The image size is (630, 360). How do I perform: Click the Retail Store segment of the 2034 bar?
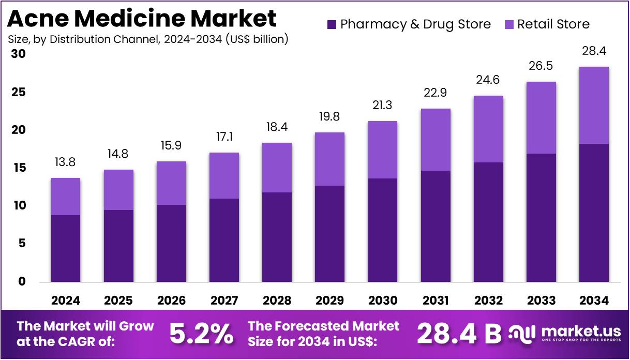coord(594,105)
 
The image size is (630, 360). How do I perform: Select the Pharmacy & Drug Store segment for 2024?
coord(65,248)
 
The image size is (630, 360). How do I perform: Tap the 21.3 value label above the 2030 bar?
coord(382,106)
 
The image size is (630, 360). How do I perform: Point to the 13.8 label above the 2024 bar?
coord(65,162)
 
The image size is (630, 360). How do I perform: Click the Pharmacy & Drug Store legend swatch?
coord(333,24)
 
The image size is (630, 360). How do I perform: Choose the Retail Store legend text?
coord(553,24)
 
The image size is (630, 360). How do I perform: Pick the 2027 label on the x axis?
coord(224,301)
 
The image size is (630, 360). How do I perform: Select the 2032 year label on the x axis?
coord(488,301)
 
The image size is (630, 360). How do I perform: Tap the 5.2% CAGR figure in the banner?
coord(202,334)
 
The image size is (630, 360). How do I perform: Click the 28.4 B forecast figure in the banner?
coord(459,334)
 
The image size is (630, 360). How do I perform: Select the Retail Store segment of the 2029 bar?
coord(329,159)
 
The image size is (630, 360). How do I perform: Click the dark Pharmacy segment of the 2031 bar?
coord(435,226)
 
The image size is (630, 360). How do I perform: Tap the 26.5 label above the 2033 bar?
coord(541,66)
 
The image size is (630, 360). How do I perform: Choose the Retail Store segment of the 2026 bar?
coord(171,183)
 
